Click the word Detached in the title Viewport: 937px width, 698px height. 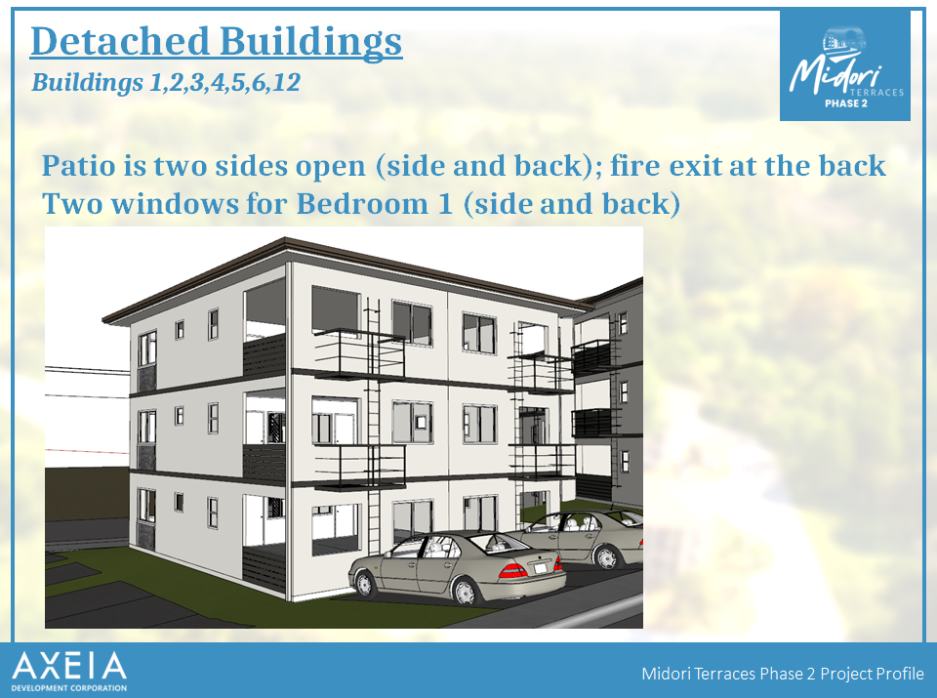click(120, 41)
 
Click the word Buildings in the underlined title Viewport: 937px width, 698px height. click(310, 43)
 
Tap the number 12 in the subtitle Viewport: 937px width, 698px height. click(286, 82)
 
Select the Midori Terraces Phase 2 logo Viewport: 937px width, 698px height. click(845, 65)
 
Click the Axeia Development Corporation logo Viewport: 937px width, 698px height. click(69, 671)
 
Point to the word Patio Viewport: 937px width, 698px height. click(79, 165)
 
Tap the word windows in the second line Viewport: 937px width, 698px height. click(175, 204)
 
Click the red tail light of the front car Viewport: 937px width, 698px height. click(512, 570)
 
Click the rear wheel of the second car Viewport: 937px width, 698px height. click(606, 557)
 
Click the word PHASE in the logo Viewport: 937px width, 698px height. click(837, 103)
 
